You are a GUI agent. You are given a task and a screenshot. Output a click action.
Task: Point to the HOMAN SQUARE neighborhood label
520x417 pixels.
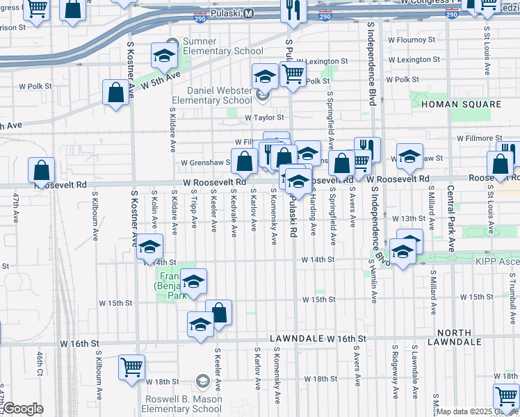click(x=460, y=104)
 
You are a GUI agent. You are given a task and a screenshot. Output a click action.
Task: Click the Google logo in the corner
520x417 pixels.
click(x=23, y=409)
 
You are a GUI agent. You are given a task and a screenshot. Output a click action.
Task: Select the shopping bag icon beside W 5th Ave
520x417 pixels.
click(x=115, y=92)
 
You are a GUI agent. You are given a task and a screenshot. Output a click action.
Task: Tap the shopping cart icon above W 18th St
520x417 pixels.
click(x=131, y=366)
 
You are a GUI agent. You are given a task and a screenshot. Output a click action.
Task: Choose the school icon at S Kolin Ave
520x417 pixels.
click(x=149, y=246)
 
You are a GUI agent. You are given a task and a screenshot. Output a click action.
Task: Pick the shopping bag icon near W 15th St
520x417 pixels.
click(x=218, y=312)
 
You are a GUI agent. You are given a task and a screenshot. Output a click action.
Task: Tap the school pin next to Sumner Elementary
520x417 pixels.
click(x=163, y=55)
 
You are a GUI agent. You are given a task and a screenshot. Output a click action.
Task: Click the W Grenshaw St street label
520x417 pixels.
click(x=204, y=163)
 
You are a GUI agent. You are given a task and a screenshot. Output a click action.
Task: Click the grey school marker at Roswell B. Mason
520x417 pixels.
click(x=202, y=380)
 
